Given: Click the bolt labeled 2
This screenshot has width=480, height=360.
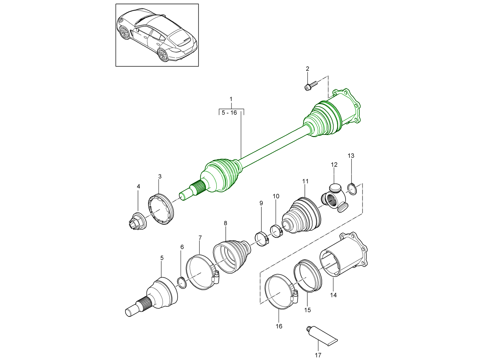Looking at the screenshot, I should (x=310, y=85).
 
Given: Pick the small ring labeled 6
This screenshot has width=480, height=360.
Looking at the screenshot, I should (x=181, y=283).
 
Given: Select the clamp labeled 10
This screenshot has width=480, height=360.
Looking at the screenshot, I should (x=277, y=231).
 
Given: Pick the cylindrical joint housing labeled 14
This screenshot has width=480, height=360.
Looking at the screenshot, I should (x=345, y=255).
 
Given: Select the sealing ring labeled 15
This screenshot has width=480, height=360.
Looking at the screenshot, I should (x=308, y=276).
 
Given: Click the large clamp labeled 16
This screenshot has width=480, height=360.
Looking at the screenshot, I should (x=280, y=291).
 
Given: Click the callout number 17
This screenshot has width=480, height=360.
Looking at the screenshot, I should (x=318, y=355).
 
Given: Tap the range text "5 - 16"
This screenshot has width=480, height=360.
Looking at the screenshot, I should (x=229, y=113).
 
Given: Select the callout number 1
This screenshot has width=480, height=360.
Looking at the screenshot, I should (x=231, y=99).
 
